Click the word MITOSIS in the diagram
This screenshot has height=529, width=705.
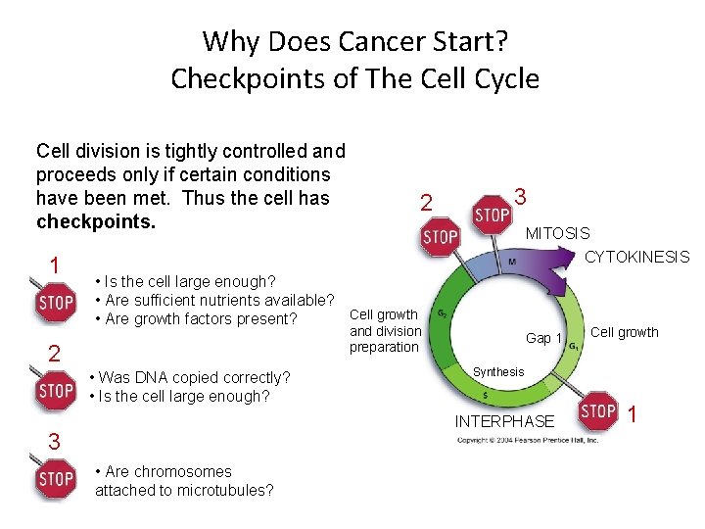tap(557, 233)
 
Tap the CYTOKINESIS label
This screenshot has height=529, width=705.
tap(636, 257)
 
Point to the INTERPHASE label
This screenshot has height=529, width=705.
tap(504, 421)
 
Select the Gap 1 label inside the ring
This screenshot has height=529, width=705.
tap(543, 338)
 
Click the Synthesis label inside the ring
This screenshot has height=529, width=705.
tap(498, 371)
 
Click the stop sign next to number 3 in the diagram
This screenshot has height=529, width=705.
tap(492, 214)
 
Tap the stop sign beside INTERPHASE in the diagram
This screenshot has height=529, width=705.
tap(597, 410)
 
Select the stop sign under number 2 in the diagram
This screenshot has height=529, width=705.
tap(440, 236)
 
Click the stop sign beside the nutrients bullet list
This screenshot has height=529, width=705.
tap(56, 302)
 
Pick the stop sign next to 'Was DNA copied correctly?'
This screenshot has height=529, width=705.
tap(56, 390)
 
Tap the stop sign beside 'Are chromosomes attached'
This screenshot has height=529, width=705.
tap(56, 478)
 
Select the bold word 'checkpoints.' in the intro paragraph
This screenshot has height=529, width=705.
tap(96, 220)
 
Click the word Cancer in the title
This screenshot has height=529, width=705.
tap(382, 41)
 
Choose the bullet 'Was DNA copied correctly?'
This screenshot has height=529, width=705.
tap(189, 377)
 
